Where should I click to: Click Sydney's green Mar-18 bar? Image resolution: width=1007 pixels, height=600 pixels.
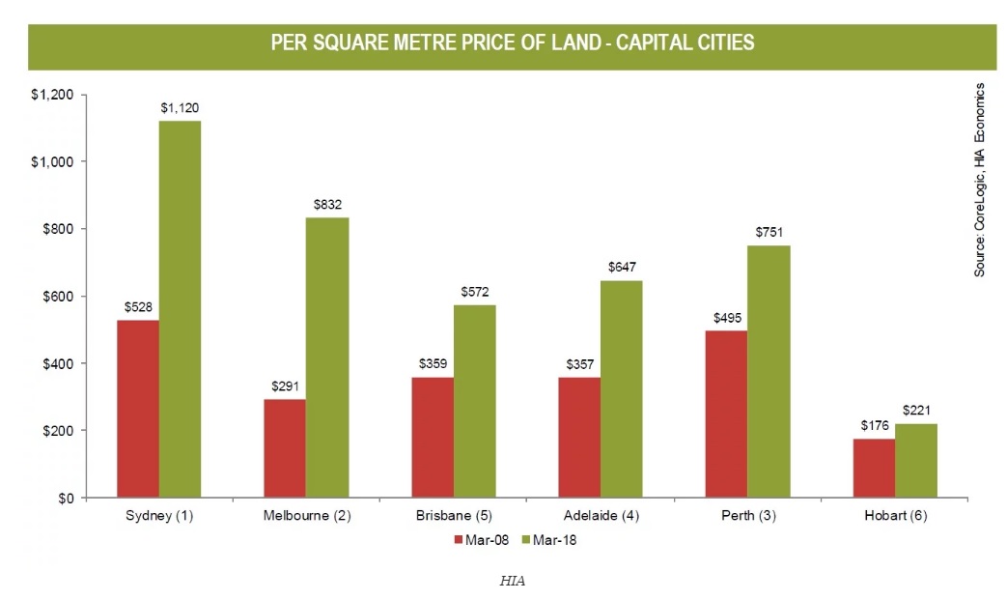click(x=180, y=309)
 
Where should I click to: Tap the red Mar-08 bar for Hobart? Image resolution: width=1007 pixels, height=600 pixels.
click(x=874, y=468)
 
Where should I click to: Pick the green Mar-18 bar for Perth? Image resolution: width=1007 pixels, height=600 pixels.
click(x=769, y=371)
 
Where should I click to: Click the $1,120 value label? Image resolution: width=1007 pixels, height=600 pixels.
click(x=181, y=108)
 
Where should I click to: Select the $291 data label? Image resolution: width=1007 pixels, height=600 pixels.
click(x=285, y=386)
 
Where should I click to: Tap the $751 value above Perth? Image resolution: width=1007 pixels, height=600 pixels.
click(x=769, y=232)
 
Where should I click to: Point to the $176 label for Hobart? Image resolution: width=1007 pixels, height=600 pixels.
click(x=874, y=425)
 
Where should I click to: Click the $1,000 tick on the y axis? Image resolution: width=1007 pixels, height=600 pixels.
click(x=54, y=161)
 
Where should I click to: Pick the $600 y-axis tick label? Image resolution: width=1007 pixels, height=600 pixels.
click(x=59, y=296)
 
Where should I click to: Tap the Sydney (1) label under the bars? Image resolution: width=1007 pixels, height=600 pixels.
click(x=159, y=516)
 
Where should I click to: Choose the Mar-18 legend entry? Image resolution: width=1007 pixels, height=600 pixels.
click(x=549, y=540)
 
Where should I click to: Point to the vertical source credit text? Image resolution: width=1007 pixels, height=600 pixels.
click(x=979, y=179)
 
